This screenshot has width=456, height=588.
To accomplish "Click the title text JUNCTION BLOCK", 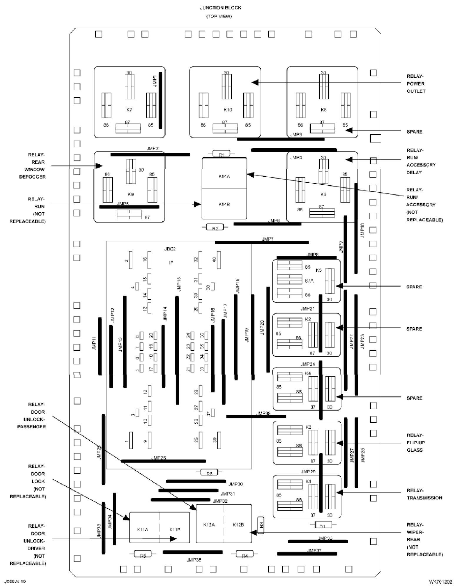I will (220, 8).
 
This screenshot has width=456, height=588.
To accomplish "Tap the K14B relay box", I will (224, 204).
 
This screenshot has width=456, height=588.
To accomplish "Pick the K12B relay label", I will (238, 524).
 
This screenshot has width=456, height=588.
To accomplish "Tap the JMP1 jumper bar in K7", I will (160, 100).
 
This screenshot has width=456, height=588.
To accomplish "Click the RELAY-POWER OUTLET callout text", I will (416, 83).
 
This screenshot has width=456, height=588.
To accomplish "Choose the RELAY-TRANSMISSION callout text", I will (424, 494).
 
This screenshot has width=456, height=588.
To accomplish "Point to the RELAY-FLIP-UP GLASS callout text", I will (415, 442).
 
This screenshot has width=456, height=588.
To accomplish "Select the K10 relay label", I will (228, 110).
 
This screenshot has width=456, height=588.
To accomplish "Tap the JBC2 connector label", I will (170, 249).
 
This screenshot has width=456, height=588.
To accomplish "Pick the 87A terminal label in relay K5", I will (309, 281).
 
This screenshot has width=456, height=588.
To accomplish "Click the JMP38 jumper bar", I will (256, 416).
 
